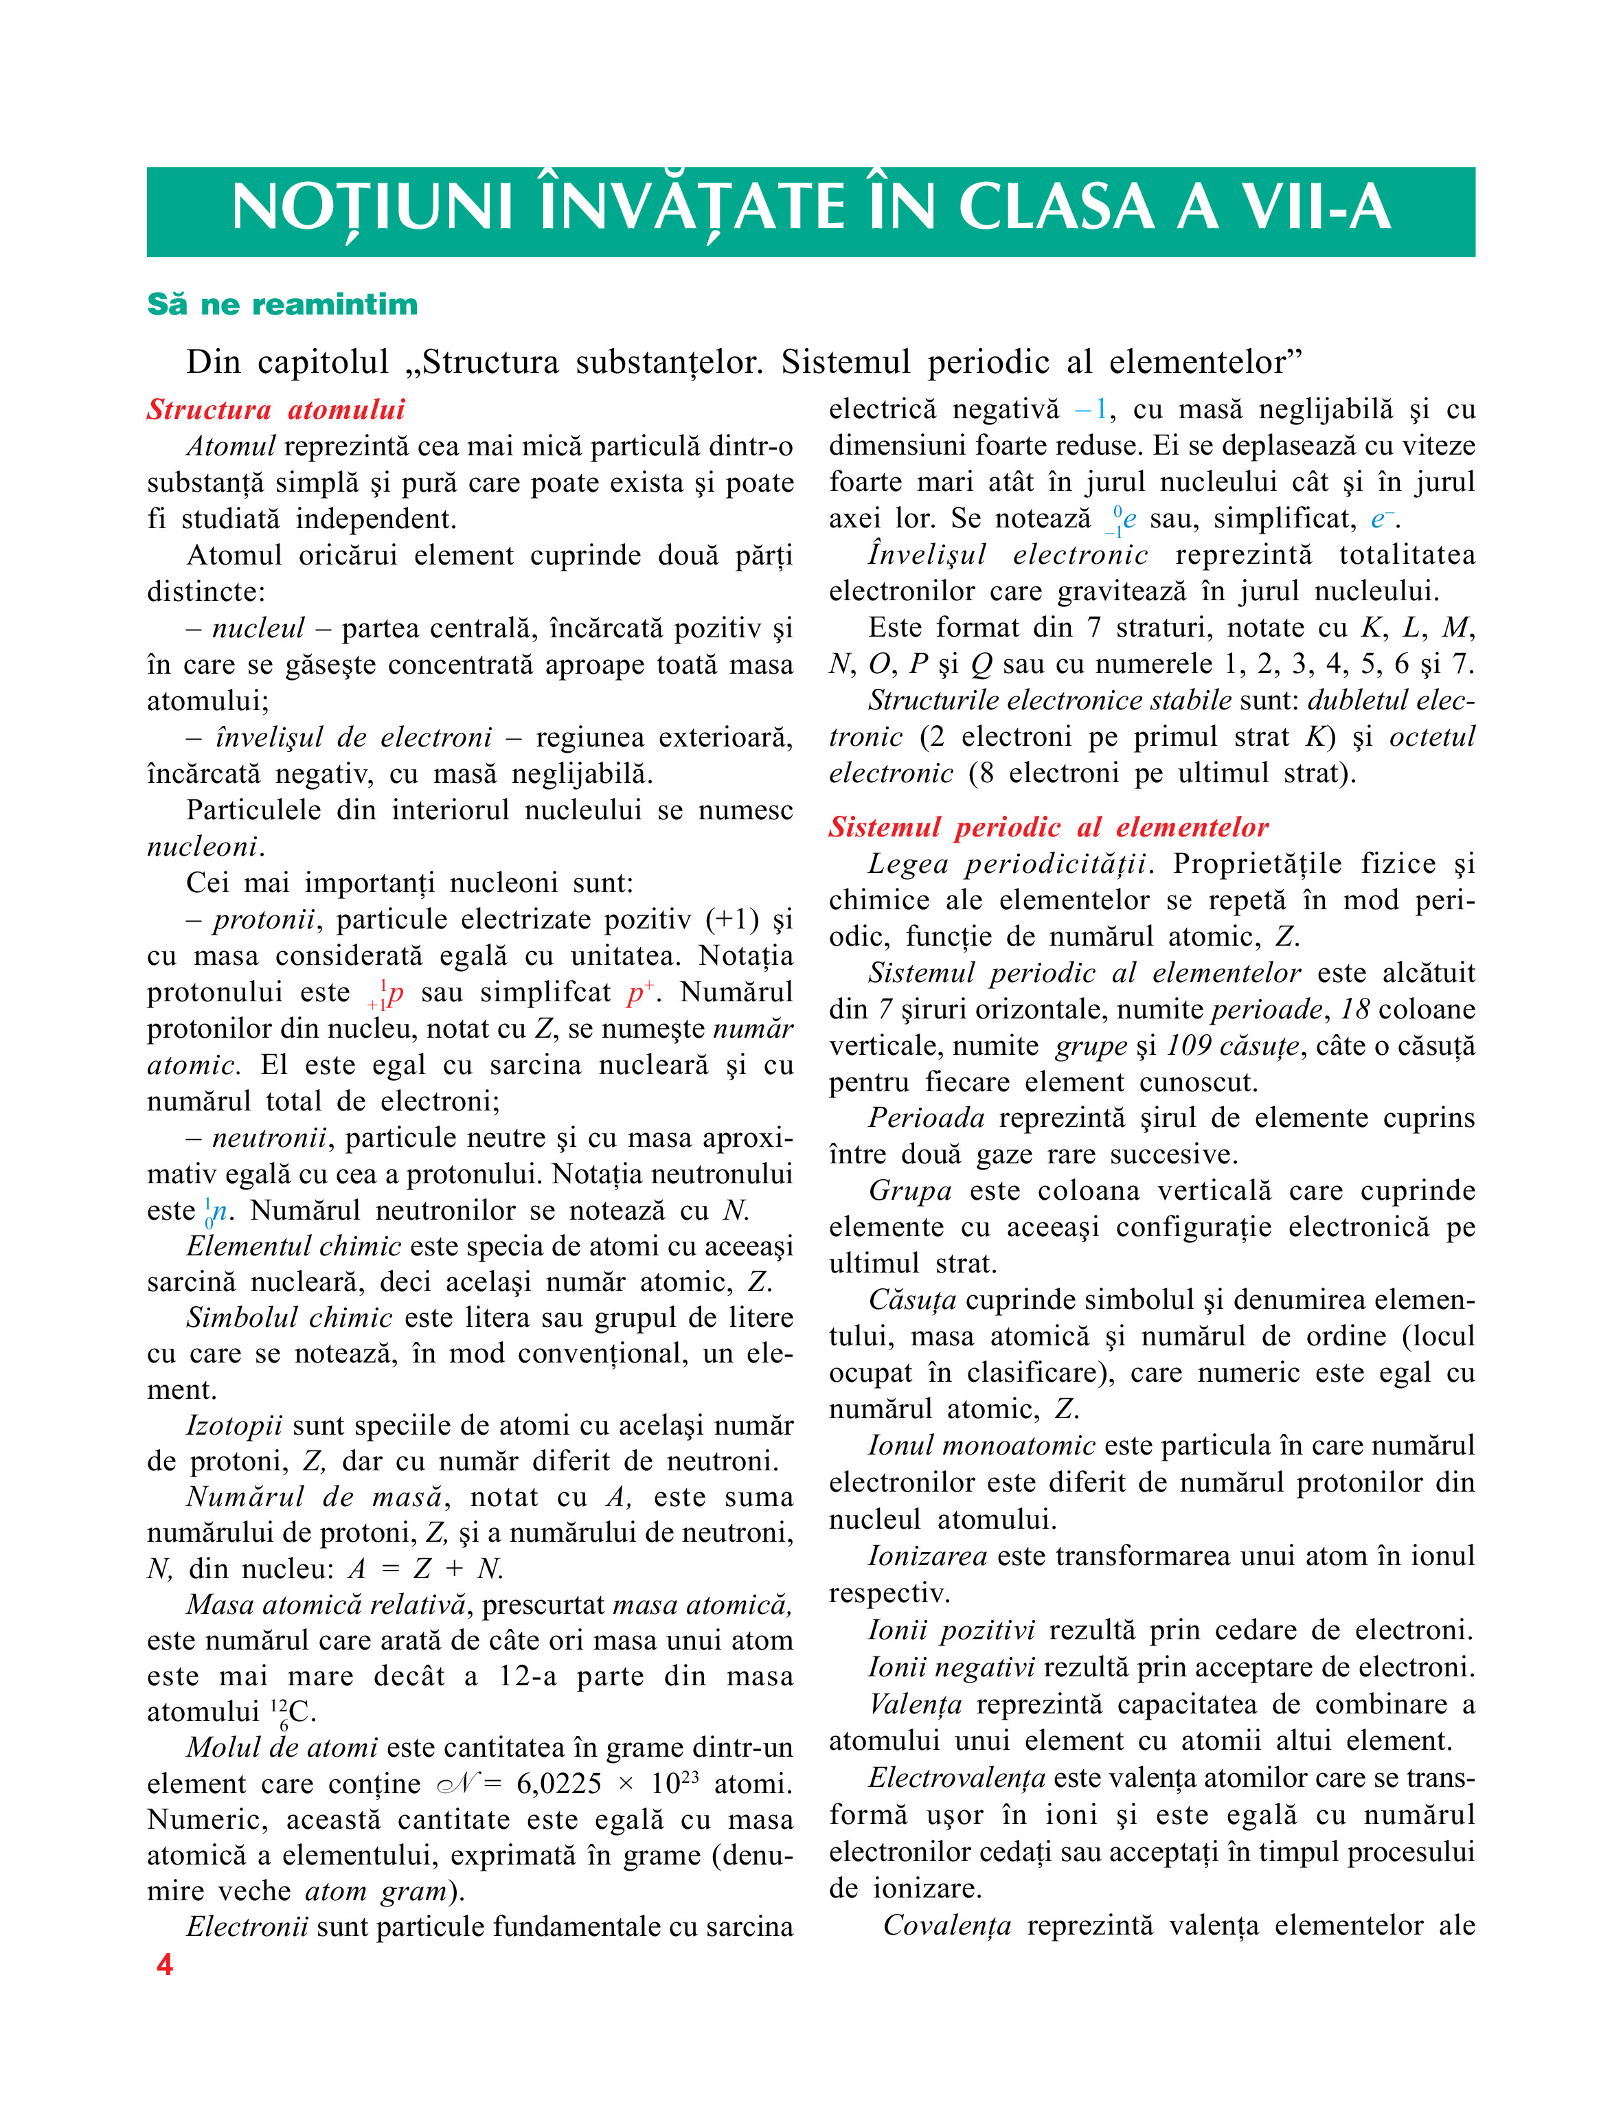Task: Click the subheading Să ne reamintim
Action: tap(282, 304)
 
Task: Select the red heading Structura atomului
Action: tap(275, 409)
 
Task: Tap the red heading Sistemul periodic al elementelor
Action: tap(1048, 827)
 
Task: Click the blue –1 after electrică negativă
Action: tap(1091, 409)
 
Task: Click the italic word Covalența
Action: tap(946, 1926)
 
